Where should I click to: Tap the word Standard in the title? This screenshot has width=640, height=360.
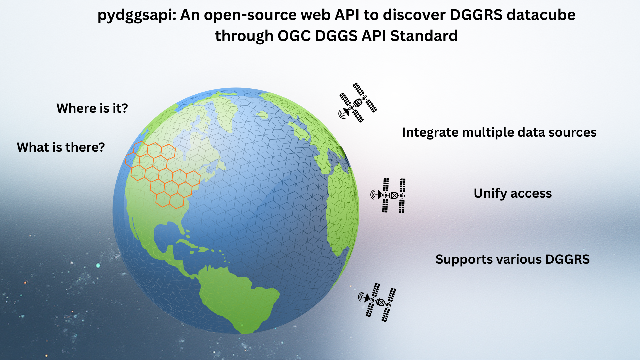[x=424, y=36]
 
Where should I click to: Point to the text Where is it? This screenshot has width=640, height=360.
[x=92, y=108]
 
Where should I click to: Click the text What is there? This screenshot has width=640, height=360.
[x=61, y=147]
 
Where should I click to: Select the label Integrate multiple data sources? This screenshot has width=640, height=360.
[x=499, y=133]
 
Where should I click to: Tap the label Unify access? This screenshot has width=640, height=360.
[x=512, y=193]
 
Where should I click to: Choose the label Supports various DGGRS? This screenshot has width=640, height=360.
[x=512, y=259]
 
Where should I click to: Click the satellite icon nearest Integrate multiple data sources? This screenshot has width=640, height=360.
[x=358, y=103]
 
